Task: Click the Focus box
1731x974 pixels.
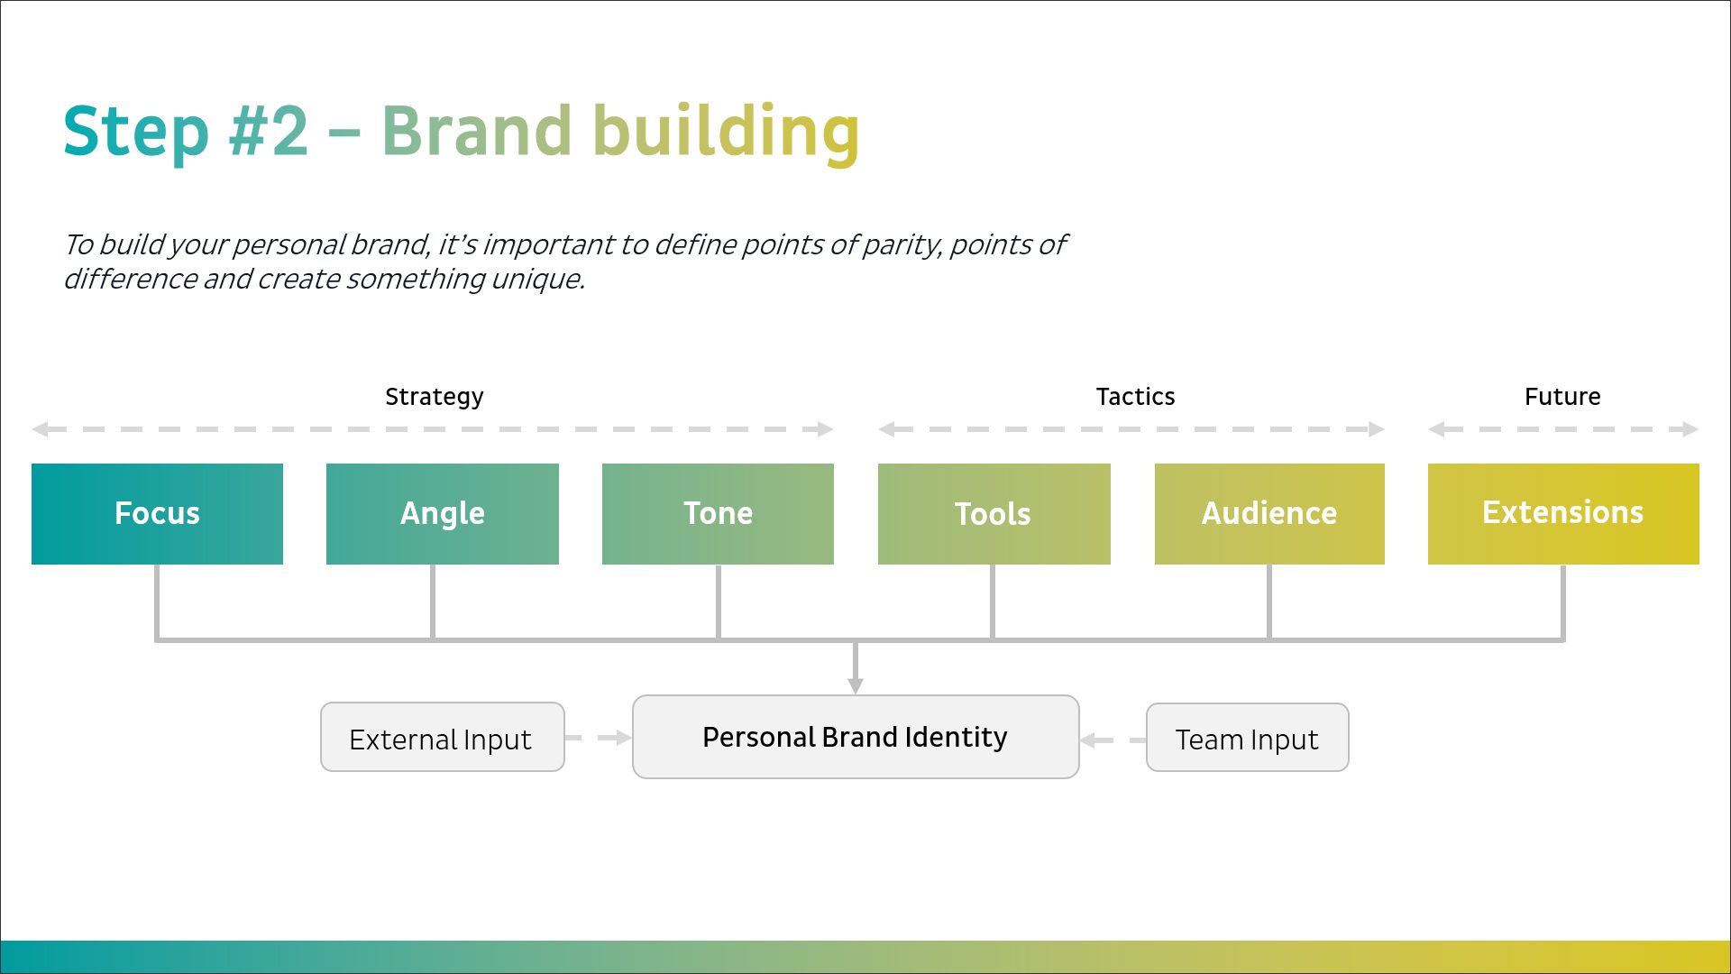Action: point(157,513)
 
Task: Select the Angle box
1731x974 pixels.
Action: point(442,513)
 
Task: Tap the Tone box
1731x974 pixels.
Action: point(718,513)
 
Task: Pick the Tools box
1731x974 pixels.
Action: point(994,513)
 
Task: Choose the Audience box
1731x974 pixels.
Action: point(1269,513)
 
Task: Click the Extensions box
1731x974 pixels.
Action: point(1563,513)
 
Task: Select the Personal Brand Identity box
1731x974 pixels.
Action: point(856,737)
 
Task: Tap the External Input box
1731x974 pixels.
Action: point(442,738)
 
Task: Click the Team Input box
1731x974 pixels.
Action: point(1247,738)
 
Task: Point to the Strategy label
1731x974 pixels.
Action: point(434,397)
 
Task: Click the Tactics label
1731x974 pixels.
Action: point(1135,397)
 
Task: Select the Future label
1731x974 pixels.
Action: point(1562,397)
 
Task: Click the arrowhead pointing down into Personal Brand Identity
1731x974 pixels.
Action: point(856,685)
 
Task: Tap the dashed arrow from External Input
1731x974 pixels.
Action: point(599,738)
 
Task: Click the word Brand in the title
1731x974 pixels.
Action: point(476,131)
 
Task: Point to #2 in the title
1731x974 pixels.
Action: point(268,131)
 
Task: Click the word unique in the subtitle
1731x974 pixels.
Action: point(537,280)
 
